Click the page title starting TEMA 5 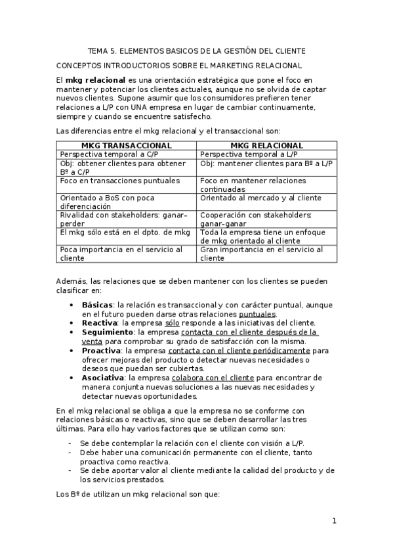196,51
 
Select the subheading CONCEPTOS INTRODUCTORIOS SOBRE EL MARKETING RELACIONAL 178,65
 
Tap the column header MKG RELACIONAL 267,145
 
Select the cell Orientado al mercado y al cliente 260,197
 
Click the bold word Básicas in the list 97,305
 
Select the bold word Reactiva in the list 99,323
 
